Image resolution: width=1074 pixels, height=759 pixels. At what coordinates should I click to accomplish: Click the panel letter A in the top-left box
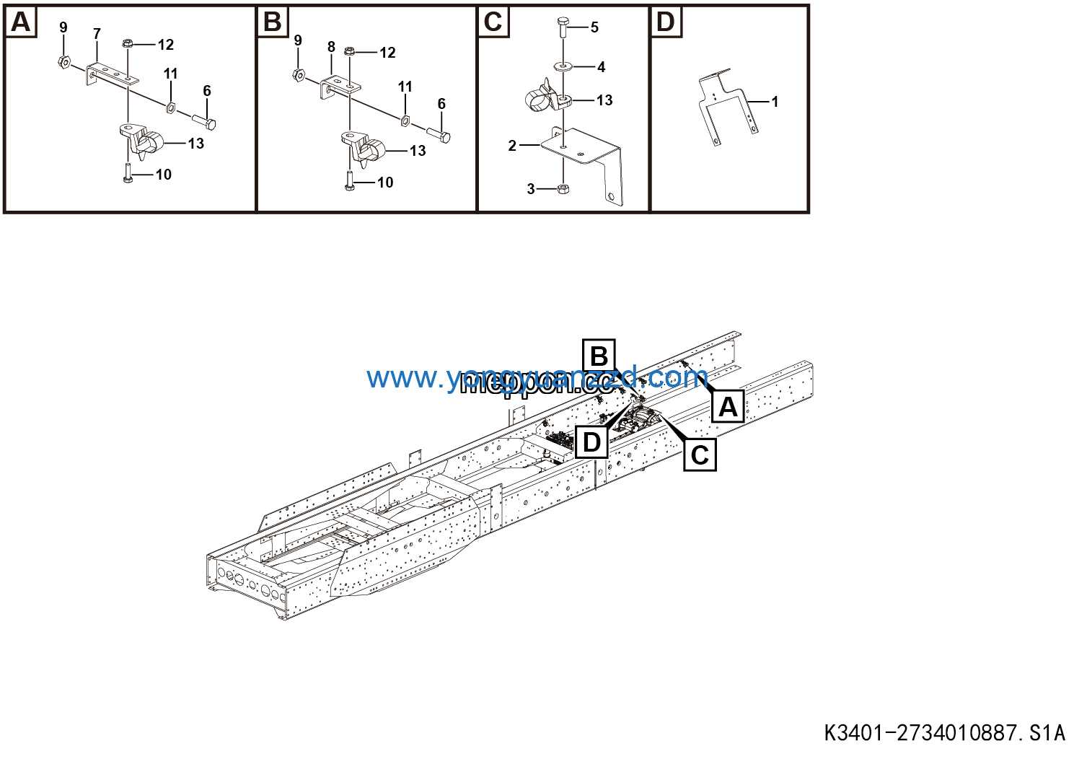coord(21,22)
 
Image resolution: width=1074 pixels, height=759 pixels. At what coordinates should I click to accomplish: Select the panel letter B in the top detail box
coord(273,22)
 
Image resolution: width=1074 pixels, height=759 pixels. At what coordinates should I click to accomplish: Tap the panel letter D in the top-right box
coord(665,22)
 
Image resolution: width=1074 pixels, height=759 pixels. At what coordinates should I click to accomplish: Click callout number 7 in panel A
coord(97,34)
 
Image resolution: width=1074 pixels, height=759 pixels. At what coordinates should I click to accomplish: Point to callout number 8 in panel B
coord(331,47)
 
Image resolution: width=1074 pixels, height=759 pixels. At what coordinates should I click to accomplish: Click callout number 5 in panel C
coord(594,27)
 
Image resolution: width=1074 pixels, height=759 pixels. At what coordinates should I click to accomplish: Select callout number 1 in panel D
coord(775,102)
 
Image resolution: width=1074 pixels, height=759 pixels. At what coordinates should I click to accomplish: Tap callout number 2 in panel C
coord(512,146)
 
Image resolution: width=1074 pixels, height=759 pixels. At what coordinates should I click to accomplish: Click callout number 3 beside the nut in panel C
coord(531,189)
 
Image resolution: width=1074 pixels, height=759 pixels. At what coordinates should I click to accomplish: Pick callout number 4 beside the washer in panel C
coord(601,67)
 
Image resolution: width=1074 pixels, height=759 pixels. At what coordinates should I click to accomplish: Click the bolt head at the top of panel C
coord(563,27)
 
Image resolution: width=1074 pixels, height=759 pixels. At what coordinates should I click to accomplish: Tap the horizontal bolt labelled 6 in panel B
coord(438,134)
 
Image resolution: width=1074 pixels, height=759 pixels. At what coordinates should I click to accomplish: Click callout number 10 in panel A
coord(164,175)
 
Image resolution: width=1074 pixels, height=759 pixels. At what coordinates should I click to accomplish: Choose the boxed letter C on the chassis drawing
coord(700,455)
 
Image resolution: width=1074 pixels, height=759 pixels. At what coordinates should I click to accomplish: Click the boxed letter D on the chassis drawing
coord(591,442)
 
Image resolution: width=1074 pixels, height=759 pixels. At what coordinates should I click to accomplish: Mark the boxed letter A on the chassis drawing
coord(728,408)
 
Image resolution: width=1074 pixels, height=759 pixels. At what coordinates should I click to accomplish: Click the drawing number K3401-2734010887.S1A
coord(944,733)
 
